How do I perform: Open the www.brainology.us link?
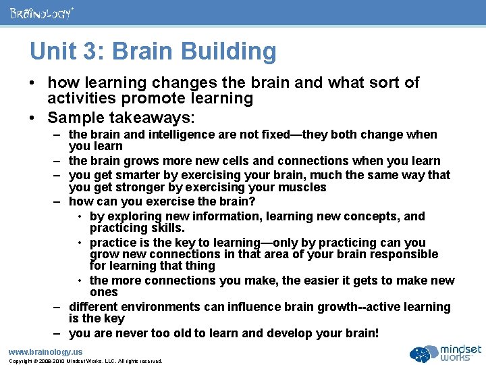tap(45, 351)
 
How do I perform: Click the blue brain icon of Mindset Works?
tap(423, 353)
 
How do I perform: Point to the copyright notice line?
tap(85, 361)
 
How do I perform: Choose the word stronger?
tap(138, 187)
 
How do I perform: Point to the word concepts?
tap(374, 216)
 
